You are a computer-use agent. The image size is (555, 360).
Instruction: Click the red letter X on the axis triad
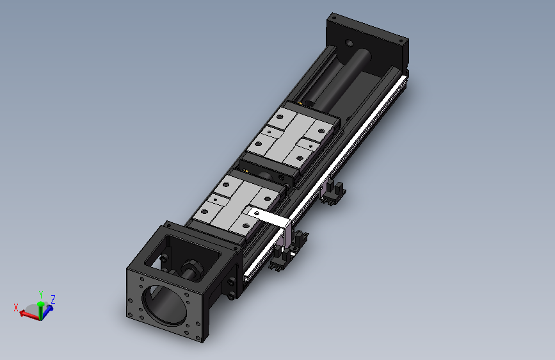click(x=16, y=307)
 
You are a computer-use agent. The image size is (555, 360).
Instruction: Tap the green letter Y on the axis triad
click(x=41, y=293)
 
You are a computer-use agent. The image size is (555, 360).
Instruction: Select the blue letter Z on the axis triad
click(x=53, y=299)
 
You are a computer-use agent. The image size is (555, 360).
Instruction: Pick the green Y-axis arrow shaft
click(x=41, y=306)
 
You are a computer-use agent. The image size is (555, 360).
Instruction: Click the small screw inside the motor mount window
click(x=165, y=258)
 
